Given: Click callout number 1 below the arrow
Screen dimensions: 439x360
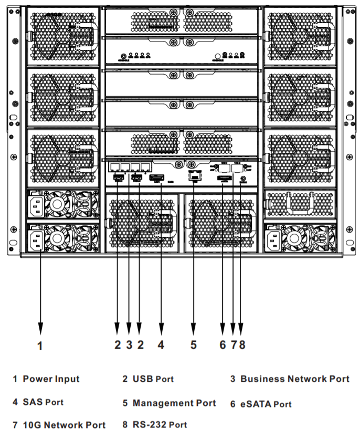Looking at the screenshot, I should click(41, 346).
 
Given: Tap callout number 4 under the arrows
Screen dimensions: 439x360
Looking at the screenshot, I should click(161, 345).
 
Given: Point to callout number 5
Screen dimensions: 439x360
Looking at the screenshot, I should click(194, 345).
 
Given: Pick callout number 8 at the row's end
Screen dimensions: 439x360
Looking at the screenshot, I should click(242, 345).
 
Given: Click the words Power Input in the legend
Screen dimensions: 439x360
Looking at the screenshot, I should click(51, 379).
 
